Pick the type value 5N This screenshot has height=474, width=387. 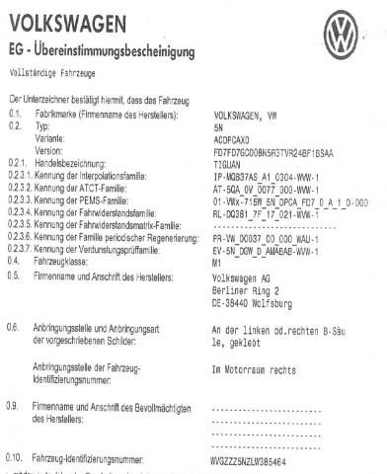(x=217, y=127)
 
